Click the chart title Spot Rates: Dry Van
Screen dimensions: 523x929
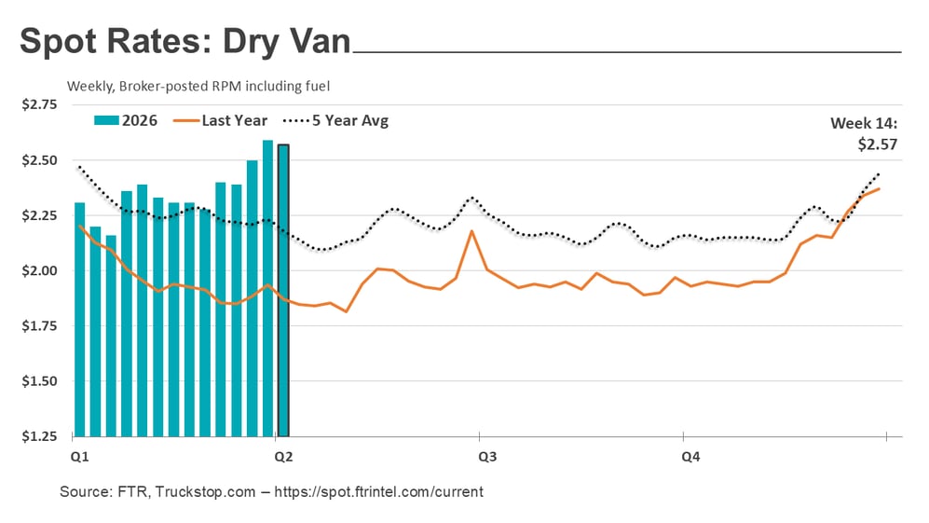coord(184,42)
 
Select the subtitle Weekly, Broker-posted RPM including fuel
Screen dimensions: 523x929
coord(198,86)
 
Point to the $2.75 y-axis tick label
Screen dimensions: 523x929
coord(39,105)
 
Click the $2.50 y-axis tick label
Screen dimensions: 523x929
coord(39,160)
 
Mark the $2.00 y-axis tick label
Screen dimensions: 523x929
coord(39,271)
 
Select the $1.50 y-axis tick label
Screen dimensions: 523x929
coord(39,381)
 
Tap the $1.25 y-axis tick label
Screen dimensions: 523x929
coord(39,436)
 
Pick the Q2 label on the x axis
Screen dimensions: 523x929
coord(283,457)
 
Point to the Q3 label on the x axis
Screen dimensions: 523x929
coord(486,457)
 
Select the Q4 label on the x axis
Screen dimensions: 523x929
coord(690,457)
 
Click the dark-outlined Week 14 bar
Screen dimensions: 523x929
coord(283,290)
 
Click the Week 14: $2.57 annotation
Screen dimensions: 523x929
coord(865,133)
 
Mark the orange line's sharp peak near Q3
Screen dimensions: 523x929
coord(471,231)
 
